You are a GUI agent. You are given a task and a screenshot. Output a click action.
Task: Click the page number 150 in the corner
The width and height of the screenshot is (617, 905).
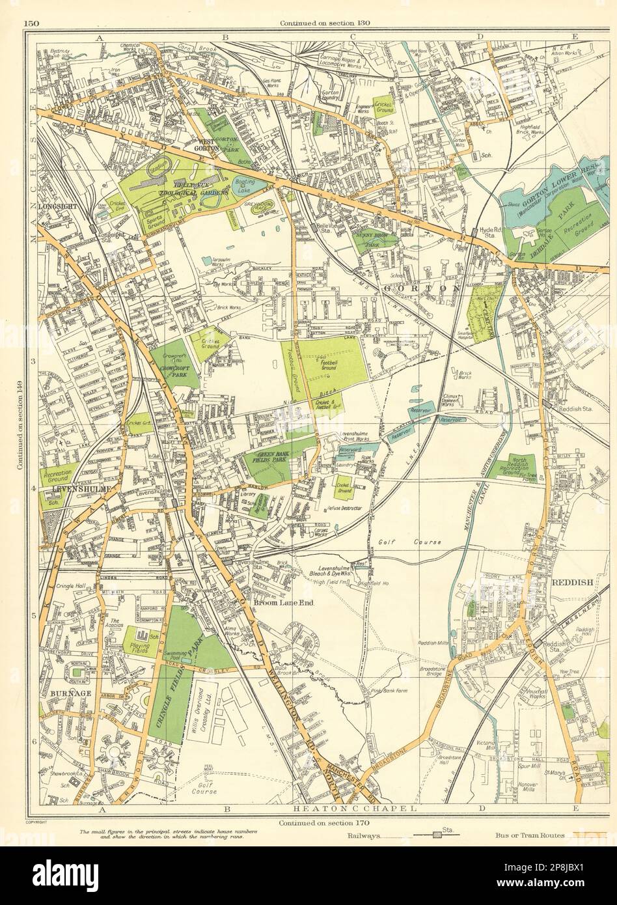point(31,24)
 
